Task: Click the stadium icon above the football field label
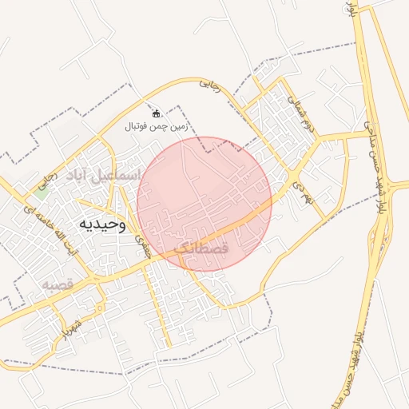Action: click(x=156, y=113)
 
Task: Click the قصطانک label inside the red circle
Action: click(x=201, y=248)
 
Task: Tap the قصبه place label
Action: click(x=58, y=284)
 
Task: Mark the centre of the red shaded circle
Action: click(x=204, y=204)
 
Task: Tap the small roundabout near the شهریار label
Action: click(x=98, y=306)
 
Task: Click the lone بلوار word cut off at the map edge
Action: click(x=350, y=10)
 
